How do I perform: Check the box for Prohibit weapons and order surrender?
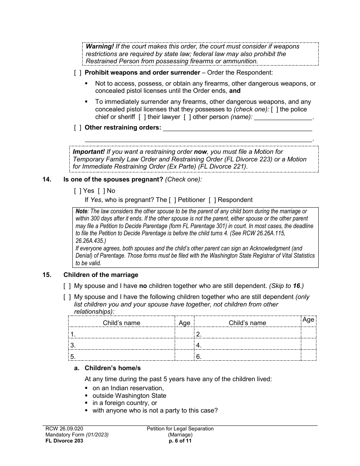(77, 73)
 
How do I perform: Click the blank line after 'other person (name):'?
(283, 117)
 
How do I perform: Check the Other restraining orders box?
(77, 128)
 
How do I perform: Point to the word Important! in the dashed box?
(89, 152)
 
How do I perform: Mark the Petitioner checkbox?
(172, 200)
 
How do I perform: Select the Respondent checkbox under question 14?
(212, 200)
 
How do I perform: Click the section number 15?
(47, 275)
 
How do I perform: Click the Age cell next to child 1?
(184, 334)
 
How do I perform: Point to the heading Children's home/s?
(113, 368)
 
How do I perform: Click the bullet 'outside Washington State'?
(129, 396)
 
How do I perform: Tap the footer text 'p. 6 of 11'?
(180, 441)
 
